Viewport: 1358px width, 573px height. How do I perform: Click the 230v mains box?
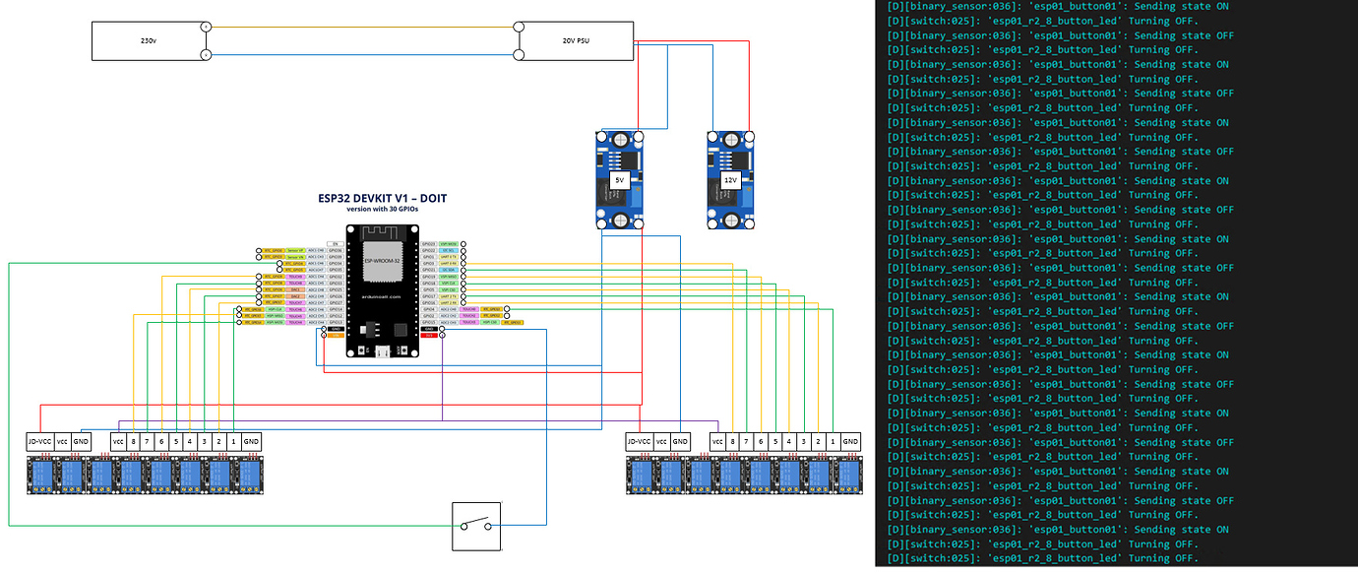tap(148, 41)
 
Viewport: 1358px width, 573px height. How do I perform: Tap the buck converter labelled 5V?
tap(619, 181)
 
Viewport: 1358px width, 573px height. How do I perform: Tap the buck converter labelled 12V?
tap(730, 181)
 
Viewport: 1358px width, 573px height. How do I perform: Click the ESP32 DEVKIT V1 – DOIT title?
tap(382, 198)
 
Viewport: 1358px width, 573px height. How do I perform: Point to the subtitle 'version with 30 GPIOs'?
tap(382, 209)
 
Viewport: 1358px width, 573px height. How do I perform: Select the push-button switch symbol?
tap(476, 527)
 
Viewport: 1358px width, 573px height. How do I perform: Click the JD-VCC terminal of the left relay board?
tap(38, 442)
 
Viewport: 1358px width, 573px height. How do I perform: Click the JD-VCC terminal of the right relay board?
tap(639, 442)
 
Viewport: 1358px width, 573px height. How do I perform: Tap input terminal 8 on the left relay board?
tap(133, 442)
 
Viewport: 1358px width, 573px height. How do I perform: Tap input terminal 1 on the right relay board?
tap(833, 442)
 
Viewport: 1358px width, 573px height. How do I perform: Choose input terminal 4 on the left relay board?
tap(190, 442)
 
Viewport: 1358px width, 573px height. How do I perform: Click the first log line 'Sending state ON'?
tap(1060, 6)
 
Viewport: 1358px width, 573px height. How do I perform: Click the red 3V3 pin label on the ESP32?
tap(428, 337)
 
